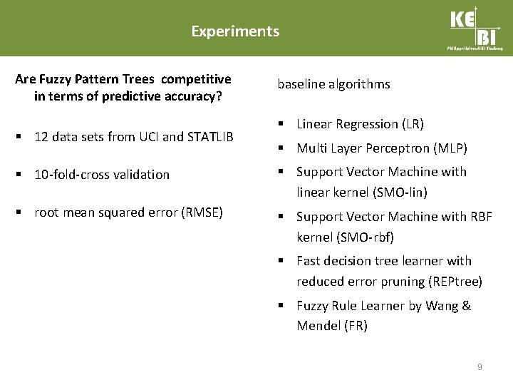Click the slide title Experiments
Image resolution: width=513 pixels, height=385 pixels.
235,31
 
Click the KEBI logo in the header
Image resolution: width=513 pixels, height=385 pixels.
475,28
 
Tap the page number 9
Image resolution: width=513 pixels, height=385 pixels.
480,367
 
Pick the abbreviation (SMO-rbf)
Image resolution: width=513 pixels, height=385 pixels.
368,237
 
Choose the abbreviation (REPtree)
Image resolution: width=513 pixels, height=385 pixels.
455,282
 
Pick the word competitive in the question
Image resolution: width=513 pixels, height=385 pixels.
196,78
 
